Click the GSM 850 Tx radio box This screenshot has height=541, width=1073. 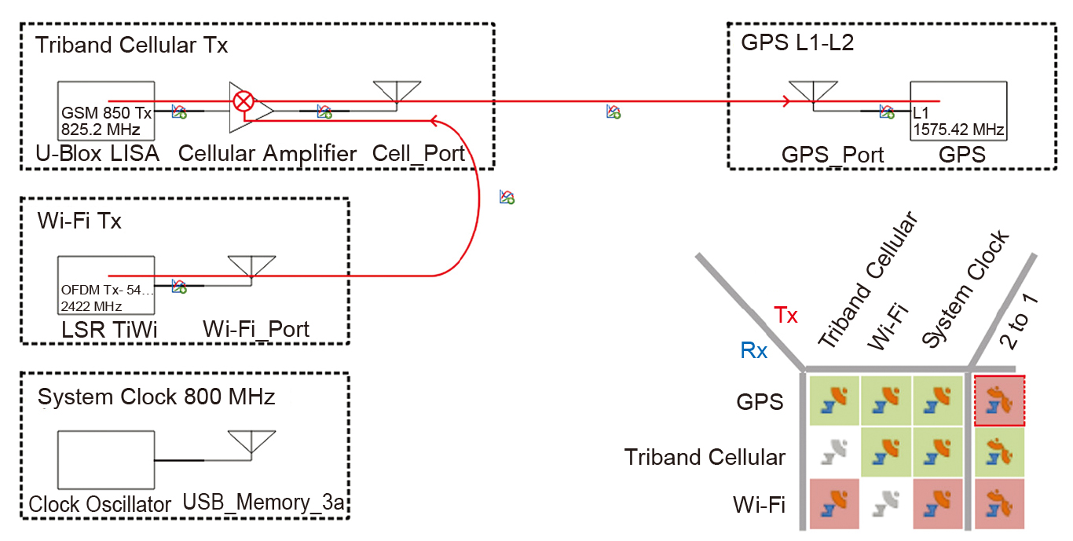[x=106, y=111]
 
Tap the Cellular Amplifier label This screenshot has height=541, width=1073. [x=267, y=153]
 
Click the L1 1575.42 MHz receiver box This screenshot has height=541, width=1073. [x=958, y=111]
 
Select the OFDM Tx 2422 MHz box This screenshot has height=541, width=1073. [x=106, y=284]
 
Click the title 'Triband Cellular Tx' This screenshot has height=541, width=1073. [x=131, y=46]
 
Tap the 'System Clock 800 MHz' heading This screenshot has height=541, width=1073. [x=156, y=397]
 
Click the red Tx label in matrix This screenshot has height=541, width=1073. [x=786, y=316]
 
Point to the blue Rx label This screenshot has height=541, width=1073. [x=754, y=351]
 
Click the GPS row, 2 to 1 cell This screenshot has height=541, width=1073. [x=999, y=400]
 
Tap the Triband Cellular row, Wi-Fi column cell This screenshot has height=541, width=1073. [x=886, y=452]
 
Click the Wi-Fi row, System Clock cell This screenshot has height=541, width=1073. [x=937, y=503]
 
